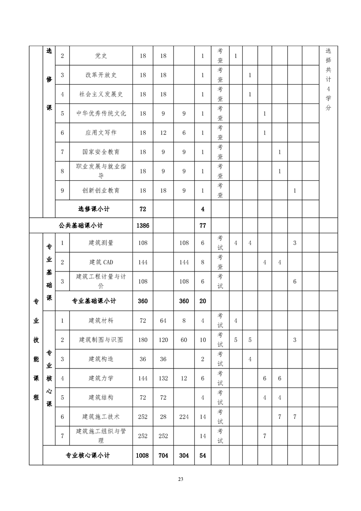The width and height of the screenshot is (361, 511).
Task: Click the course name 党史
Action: click(101, 56)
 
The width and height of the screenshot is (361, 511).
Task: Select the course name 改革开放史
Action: click(101, 75)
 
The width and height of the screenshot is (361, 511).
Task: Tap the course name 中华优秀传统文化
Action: click(101, 113)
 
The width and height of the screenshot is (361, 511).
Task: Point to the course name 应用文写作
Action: click(101, 133)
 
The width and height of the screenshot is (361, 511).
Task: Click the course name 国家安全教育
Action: click(101, 152)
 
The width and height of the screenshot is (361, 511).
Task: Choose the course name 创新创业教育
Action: click(101, 190)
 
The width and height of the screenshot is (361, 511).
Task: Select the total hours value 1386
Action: click(142, 225)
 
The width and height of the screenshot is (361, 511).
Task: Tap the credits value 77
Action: click(203, 225)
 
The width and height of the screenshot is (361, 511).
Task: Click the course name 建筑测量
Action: click(101, 243)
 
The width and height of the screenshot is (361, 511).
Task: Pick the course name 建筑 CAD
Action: click(101, 262)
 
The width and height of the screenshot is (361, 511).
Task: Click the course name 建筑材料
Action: click(101, 321)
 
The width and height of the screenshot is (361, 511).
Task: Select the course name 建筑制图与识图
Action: click(101, 340)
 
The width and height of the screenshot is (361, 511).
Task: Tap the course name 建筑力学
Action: click(101, 378)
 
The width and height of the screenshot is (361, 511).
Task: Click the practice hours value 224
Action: click(183, 417)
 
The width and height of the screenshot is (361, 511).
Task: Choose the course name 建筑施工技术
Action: click(101, 417)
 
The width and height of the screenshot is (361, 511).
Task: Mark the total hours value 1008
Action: click(142, 455)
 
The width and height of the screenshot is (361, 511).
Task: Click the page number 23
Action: click(180, 479)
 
